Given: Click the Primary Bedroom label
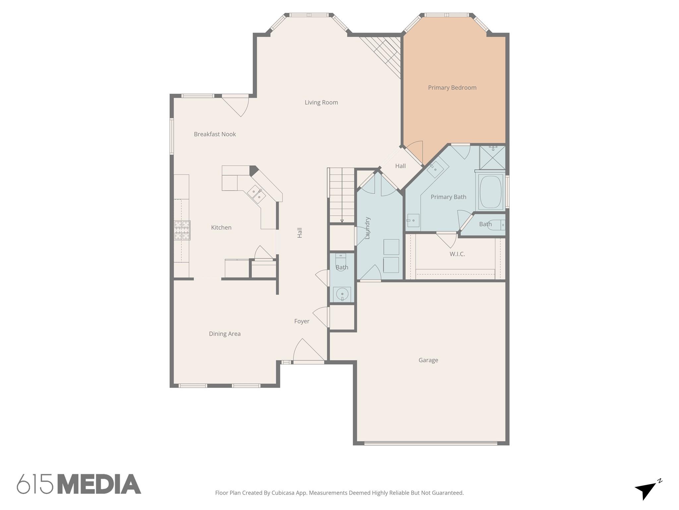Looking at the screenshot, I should pyautogui.click(x=452, y=88).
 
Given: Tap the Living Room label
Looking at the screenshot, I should pyautogui.click(x=321, y=103).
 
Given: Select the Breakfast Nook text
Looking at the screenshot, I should pyautogui.click(x=215, y=134).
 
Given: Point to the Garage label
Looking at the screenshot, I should pyautogui.click(x=428, y=360).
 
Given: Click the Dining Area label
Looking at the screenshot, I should pyautogui.click(x=224, y=334).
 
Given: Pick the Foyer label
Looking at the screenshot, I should pyautogui.click(x=302, y=321).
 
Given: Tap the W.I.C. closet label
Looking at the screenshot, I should pyautogui.click(x=457, y=254).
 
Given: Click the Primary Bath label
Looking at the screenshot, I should pyautogui.click(x=448, y=197).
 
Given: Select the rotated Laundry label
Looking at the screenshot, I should pyautogui.click(x=367, y=228).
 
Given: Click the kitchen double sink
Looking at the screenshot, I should pyautogui.click(x=256, y=194).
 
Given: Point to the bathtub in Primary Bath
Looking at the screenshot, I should pyautogui.click(x=490, y=192).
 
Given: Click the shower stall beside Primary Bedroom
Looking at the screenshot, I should pyautogui.click(x=492, y=157).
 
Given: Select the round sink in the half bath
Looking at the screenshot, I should pyautogui.click(x=342, y=294).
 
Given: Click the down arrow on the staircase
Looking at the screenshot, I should pyautogui.click(x=342, y=220).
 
